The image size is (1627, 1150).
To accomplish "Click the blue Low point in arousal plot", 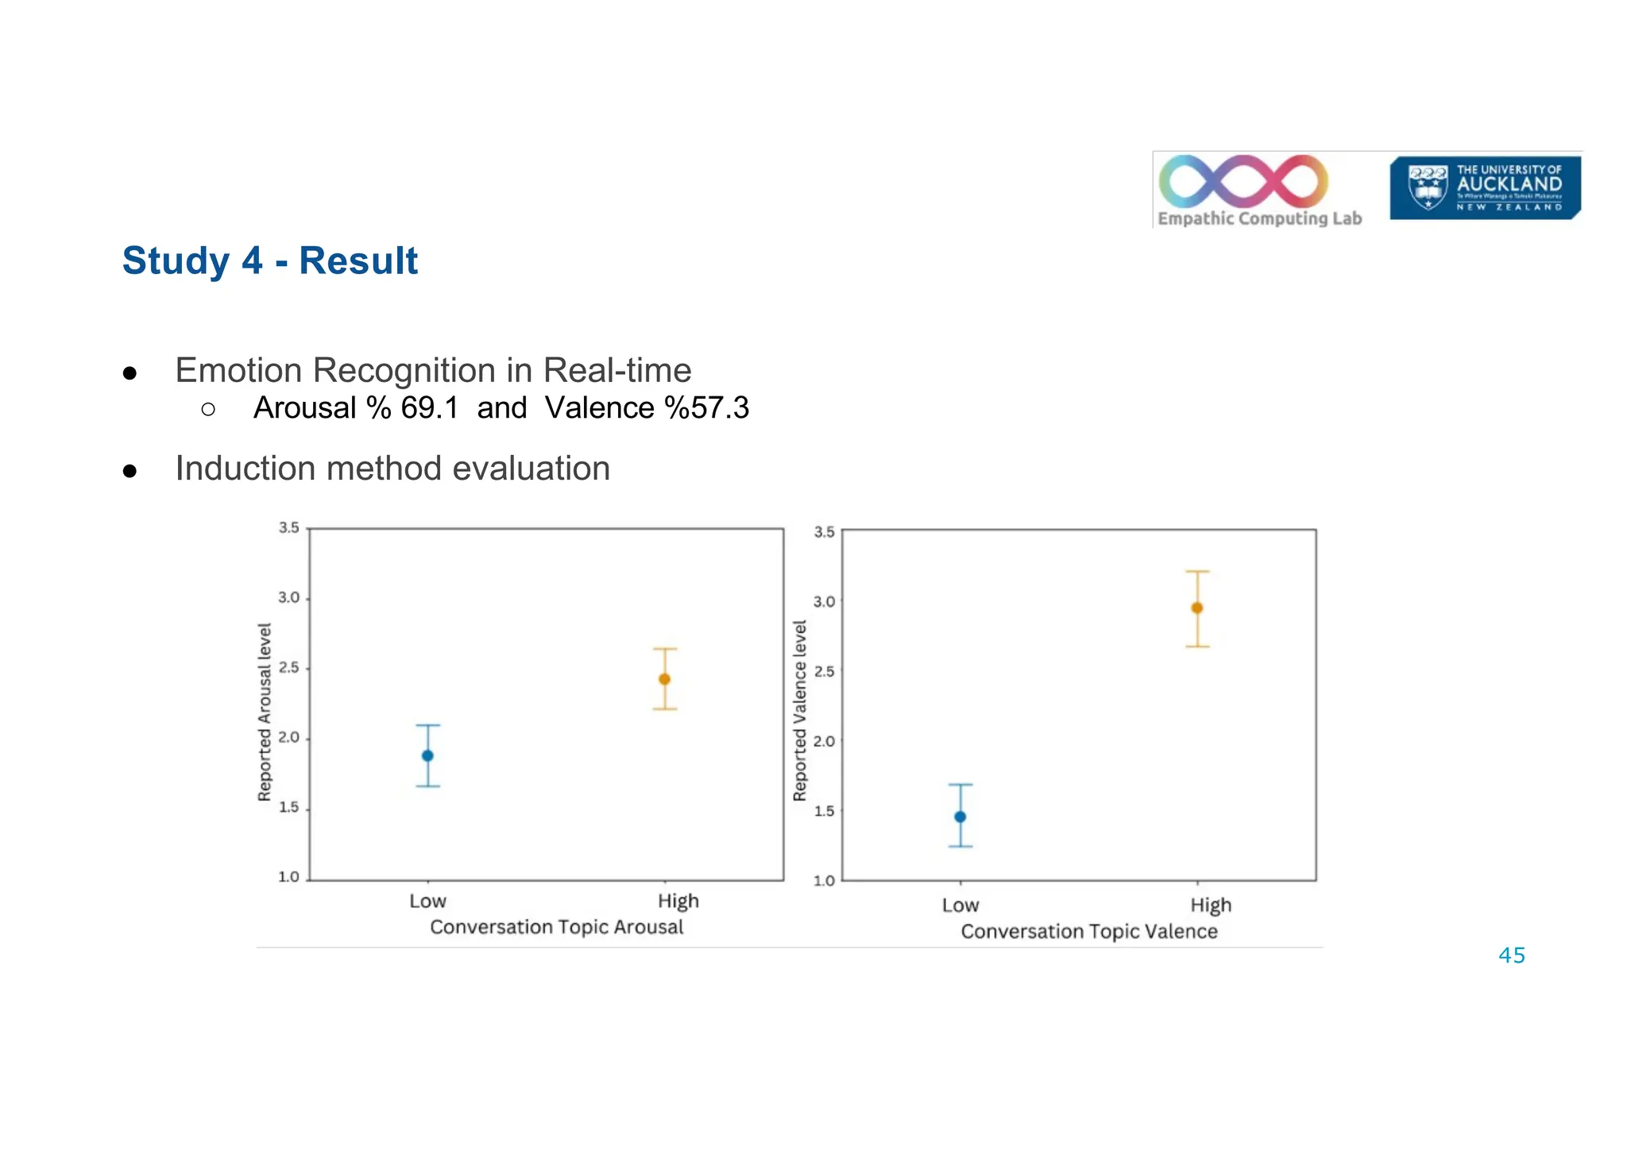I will (x=427, y=755).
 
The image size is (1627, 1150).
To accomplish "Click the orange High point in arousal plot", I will (x=665, y=679).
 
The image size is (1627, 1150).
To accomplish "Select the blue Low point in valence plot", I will (x=960, y=816).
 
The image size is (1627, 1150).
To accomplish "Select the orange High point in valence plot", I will (x=1197, y=608).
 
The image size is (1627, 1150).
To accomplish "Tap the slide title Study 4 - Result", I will (x=269, y=260).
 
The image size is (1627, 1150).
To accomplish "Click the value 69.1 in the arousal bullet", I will (x=429, y=408).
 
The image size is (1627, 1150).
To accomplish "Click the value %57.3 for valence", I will (x=706, y=408).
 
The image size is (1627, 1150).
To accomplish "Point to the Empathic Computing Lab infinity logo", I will (x=1243, y=181).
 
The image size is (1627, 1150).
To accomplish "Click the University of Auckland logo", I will (x=1484, y=187).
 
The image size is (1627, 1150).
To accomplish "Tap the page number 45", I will (x=1511, y=955).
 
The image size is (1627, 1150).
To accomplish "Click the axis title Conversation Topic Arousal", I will (x=556, y=927).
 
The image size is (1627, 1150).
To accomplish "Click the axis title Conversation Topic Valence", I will (x=1088, y=931).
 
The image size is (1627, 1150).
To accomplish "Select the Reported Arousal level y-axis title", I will (x=265, y=712).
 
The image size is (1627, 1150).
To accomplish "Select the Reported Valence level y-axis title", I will (x=800, y=710).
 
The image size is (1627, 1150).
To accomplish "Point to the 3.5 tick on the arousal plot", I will (x=288, y=527).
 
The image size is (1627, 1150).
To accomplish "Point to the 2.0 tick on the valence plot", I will (x=824, y=741).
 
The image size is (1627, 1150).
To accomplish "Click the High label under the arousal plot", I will (x=678, y=901).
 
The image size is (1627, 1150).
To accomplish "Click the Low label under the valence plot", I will (x=960, y=905).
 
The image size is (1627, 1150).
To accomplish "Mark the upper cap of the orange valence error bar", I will (x=1197, y=571).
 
